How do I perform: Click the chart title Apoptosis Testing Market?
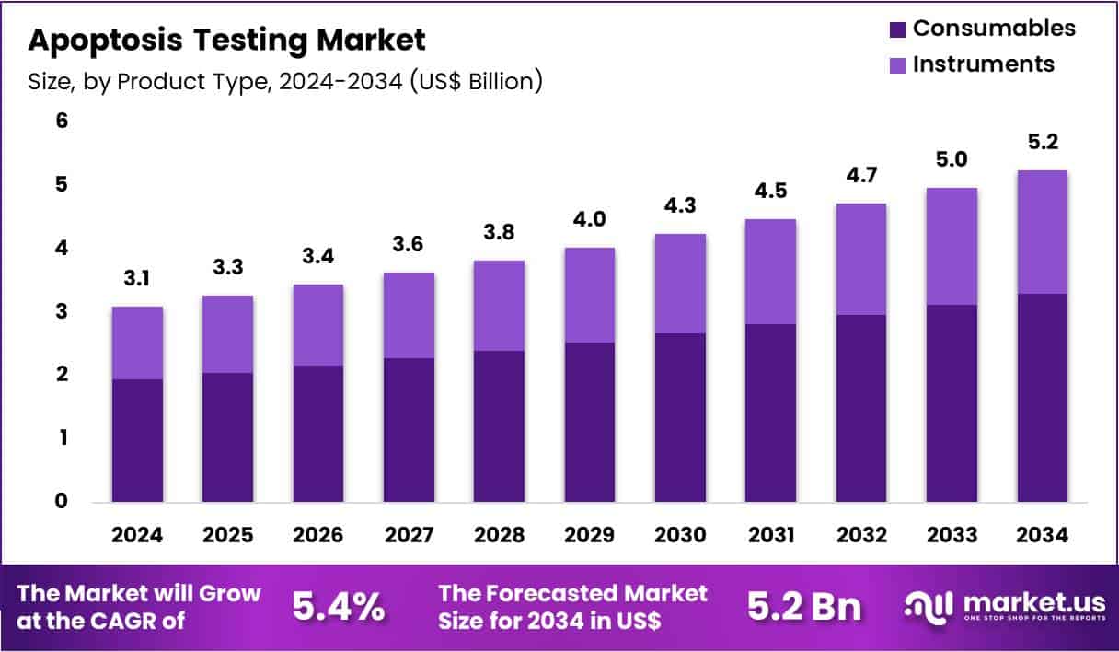tap(227, 40)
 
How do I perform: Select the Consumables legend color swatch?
tap(898, 29)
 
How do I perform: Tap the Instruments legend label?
tap(983, 64)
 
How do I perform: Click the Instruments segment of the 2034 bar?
tap(1043, 232)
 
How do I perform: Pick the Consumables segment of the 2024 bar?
tap(138, 440)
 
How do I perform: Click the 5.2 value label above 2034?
tap(1043, 142)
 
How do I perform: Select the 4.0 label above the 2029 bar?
tap(590, 219)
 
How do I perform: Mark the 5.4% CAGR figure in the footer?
tap(339, 607)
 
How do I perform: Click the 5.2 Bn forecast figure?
tap(803, 607)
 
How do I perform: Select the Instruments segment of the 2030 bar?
tap(680, 284)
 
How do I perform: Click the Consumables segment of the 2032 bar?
tap(860, 408)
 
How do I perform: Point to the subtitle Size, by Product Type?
tap(285, 82)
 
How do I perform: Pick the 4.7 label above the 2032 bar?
tap(860, 175)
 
